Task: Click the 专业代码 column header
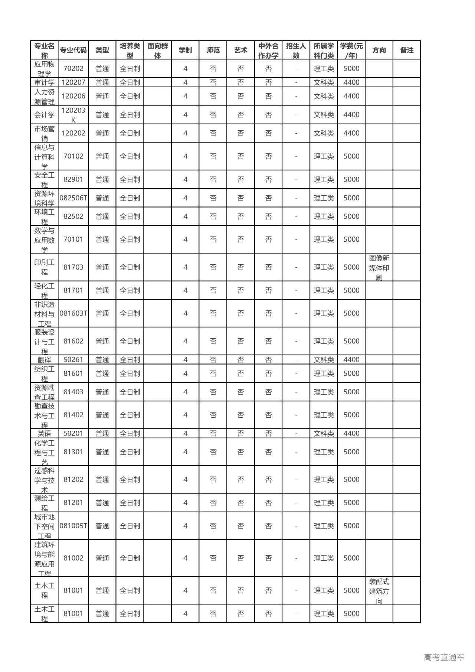point(73,50)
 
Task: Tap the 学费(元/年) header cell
point(351,50)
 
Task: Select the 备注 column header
point(407,50)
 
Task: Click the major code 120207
point(73,82)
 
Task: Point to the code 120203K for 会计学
point(73,115)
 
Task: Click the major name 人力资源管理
point(45,97)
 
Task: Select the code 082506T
point(73,198)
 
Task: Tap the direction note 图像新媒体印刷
point(379,267)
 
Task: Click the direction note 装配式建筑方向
point(379,591)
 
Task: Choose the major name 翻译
point(45,360)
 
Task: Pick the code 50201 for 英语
point(73,433)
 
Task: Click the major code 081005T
point(73,526)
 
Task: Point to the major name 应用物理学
point(45,69)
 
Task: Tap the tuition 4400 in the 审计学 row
point(351,82)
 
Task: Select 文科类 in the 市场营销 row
point(324,133)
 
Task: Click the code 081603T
point(73,313)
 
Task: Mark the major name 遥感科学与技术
point(45,480)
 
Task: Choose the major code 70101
point(73,239)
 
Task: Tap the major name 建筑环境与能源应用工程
point(45,558)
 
